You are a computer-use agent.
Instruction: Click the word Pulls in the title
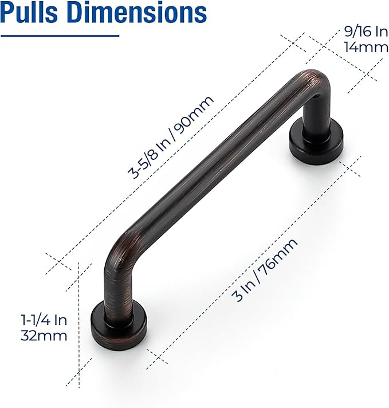pyautogui.click(x=32, y=12)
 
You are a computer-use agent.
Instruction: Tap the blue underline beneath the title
pyautogui.click(x=60, y=36)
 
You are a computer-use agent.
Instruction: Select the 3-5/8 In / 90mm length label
pyautogui.click(x=171, y=138)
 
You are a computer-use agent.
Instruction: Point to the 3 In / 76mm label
pyautogui.click(x=265, y=270)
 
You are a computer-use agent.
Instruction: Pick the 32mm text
pyautogui.click(x=44, y=335)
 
